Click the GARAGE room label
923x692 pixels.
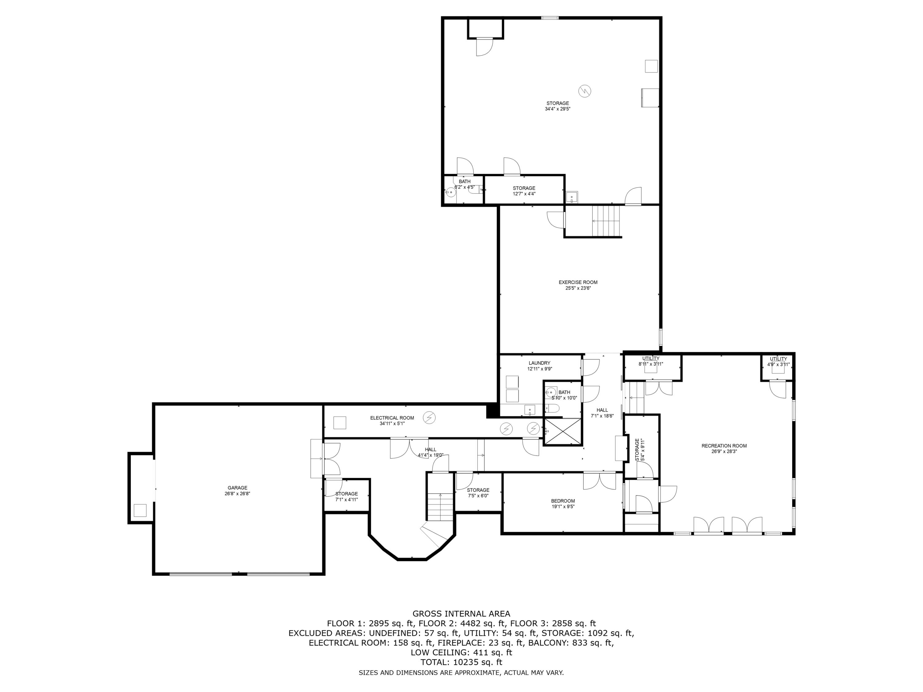click(237, 487)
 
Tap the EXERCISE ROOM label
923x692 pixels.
click(578, 282)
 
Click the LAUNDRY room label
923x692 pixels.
click(539, 363)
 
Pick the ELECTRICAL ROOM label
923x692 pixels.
click(392, 418)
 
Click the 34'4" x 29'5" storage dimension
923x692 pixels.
click(557, 109)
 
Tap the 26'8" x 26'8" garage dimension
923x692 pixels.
click(237, 493)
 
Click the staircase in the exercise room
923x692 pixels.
click(606, 221)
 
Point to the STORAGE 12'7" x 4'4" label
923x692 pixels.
click(524, 191)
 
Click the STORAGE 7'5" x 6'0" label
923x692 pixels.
click(478, 493)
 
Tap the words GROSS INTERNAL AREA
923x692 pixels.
click(461, 614)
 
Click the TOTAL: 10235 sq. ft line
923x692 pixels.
click(461, 662)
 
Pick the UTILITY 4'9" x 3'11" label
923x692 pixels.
click(778, 361)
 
